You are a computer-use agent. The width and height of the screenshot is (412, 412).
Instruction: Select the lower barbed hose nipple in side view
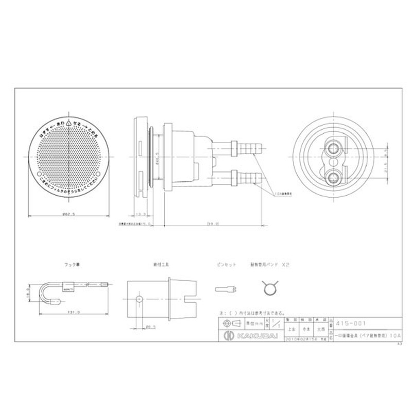pyautogui.click(x=247, y=179)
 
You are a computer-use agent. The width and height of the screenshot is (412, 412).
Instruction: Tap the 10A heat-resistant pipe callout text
pyautogui.click(x=283, y=194)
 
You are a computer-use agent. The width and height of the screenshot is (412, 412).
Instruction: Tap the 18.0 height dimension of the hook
pyautogui.click(x=30, y=292)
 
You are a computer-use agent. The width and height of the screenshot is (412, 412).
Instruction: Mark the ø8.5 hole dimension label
pyautogui.click(x=150, y=327)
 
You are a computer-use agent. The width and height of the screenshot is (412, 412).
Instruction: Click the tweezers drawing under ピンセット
pyautogui.click(x=226, y=288)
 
